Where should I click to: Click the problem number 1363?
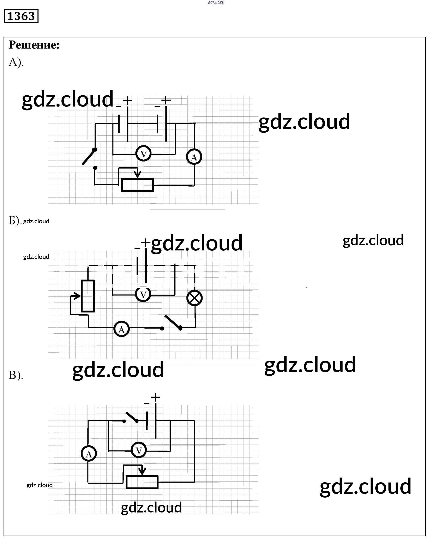click(x=21, y=16)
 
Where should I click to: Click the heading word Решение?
click(x=34, y=45)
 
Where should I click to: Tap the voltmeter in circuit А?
click(x=143, y=153)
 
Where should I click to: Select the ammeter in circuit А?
click(x=194, y=157)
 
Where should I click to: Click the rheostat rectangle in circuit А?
click(x=137, y=185)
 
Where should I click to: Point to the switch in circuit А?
click(x=89, y=157)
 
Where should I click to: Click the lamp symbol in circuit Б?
click(x=194, y=298)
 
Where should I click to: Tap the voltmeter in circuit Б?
click(x=143, y=294)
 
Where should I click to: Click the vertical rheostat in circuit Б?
click(x=88, y=296)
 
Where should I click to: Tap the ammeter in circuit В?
click(x=89, y=454)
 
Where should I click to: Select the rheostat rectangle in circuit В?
click(x=142, y=482)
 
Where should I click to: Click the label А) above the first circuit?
click(x=16, y=62)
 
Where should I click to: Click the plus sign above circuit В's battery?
click(x=155, y=397)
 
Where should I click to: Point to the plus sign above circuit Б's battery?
click(x=145, y=242)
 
